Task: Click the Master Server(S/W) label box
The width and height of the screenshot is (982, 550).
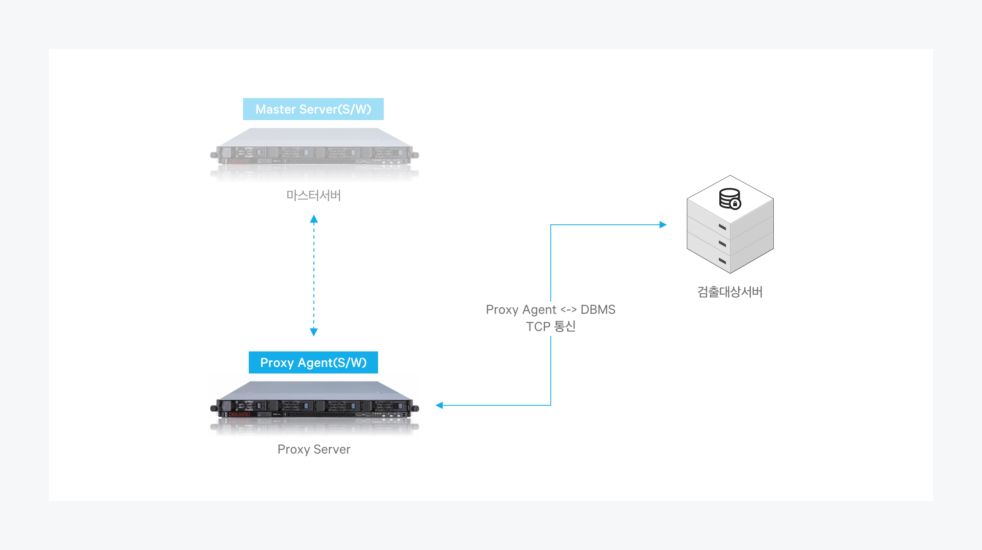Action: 313,109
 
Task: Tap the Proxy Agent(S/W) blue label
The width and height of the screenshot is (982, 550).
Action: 313,362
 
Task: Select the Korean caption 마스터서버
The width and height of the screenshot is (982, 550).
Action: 313,195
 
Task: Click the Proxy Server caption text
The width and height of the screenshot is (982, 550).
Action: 314,449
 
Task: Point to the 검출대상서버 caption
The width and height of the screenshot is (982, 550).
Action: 730,292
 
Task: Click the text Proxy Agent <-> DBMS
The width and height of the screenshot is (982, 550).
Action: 550,309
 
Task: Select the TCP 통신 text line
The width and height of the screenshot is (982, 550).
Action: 550,326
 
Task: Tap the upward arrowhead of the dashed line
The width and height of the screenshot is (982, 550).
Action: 314,219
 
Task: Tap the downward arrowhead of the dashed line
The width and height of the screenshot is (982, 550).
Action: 314,332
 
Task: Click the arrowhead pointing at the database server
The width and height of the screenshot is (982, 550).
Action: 663,225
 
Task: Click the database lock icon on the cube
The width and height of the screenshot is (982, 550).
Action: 730,199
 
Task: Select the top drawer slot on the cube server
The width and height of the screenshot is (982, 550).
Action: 722,227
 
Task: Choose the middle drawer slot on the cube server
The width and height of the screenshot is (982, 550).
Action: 722,244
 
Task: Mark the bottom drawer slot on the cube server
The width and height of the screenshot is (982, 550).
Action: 722,261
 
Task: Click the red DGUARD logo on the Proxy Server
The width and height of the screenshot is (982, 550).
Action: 239,414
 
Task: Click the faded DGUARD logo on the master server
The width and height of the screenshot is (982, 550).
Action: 239,161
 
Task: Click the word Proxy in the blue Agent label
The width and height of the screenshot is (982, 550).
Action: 277,362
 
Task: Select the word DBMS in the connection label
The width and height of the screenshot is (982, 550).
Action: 598,309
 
